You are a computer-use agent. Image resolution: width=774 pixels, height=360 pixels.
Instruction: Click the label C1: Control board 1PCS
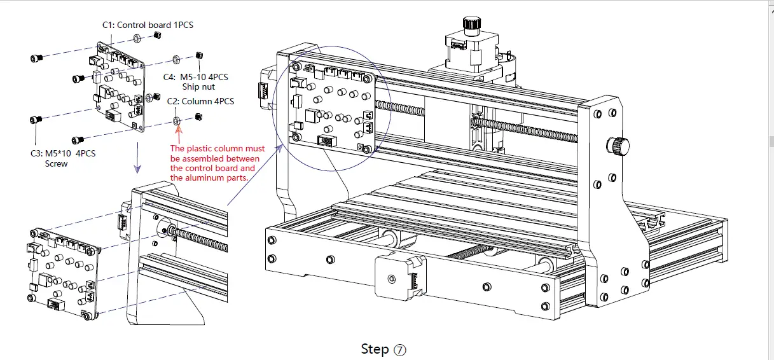pyautogui.click(x=148, y=25)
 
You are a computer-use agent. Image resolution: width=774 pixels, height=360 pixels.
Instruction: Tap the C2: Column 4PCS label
pyautogui.click(x=200, y=101)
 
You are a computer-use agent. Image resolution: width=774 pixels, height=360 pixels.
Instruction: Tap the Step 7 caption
pyautogui.click(x=383, y=349)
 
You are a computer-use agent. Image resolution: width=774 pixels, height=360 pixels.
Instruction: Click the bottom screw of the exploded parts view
pyautogui.click(x=79, y=139)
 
